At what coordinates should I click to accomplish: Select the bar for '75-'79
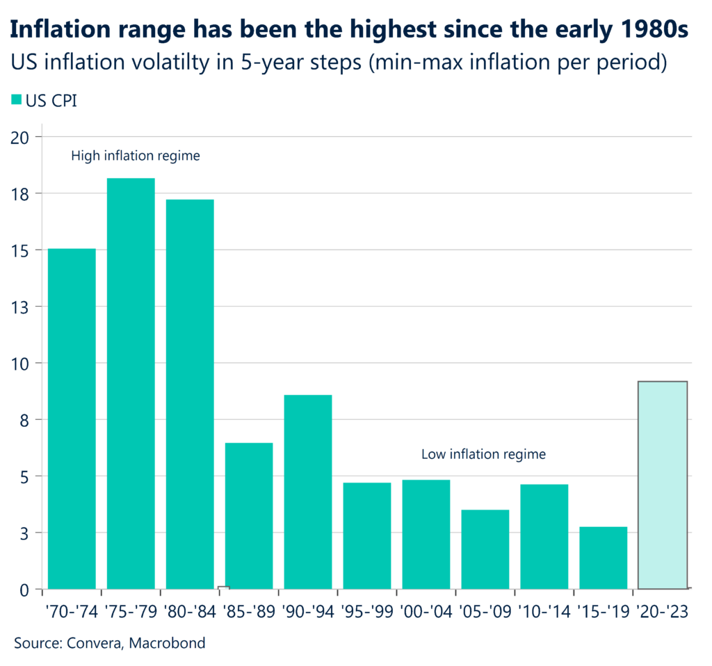point(131,384)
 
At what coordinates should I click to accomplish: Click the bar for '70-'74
point(72,419)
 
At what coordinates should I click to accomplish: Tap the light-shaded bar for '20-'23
point(663,485)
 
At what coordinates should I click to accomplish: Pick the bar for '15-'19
point(604,558)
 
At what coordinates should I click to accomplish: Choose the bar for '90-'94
point(308,492)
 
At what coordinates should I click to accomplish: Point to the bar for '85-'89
point(249,516)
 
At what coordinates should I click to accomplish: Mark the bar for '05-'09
point(485,549)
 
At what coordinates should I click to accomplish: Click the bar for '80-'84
point(190,394)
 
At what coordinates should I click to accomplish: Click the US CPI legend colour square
point(16,101)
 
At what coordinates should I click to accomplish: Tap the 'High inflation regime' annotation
point(136,156)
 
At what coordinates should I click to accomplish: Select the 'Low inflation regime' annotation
point(483,455)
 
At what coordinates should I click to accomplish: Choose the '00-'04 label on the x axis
point(426,612)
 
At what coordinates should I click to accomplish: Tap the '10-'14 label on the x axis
point(544,612)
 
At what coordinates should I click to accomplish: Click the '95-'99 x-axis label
point(367,612)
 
